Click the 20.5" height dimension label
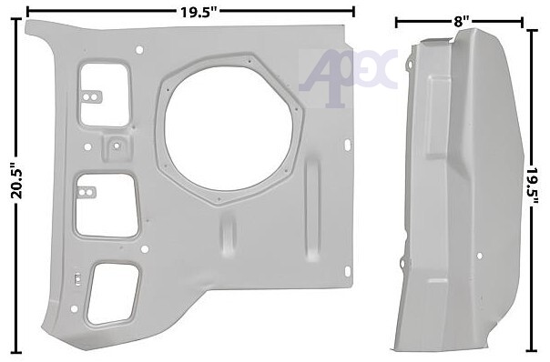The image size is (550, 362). [x=16, y=180]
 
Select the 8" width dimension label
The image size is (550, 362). [x=459, y=22]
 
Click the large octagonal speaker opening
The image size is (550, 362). [x=229, y=130]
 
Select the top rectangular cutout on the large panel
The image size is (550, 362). [x=105, y=95]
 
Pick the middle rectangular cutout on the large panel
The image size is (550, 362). [x=106, y=206]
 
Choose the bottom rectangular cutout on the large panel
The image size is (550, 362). [x=113, y=294]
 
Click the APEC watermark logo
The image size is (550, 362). [x=347, y=78]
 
